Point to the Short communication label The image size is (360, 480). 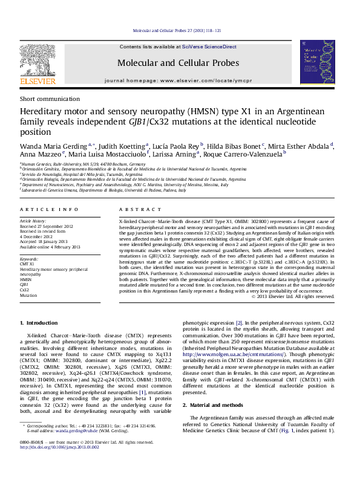click(44, 99)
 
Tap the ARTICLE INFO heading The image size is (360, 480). click(49, 209)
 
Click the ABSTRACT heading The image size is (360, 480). click(137, 209)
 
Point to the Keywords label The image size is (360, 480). click(30, 258)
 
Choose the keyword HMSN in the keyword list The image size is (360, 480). click(27, 280)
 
